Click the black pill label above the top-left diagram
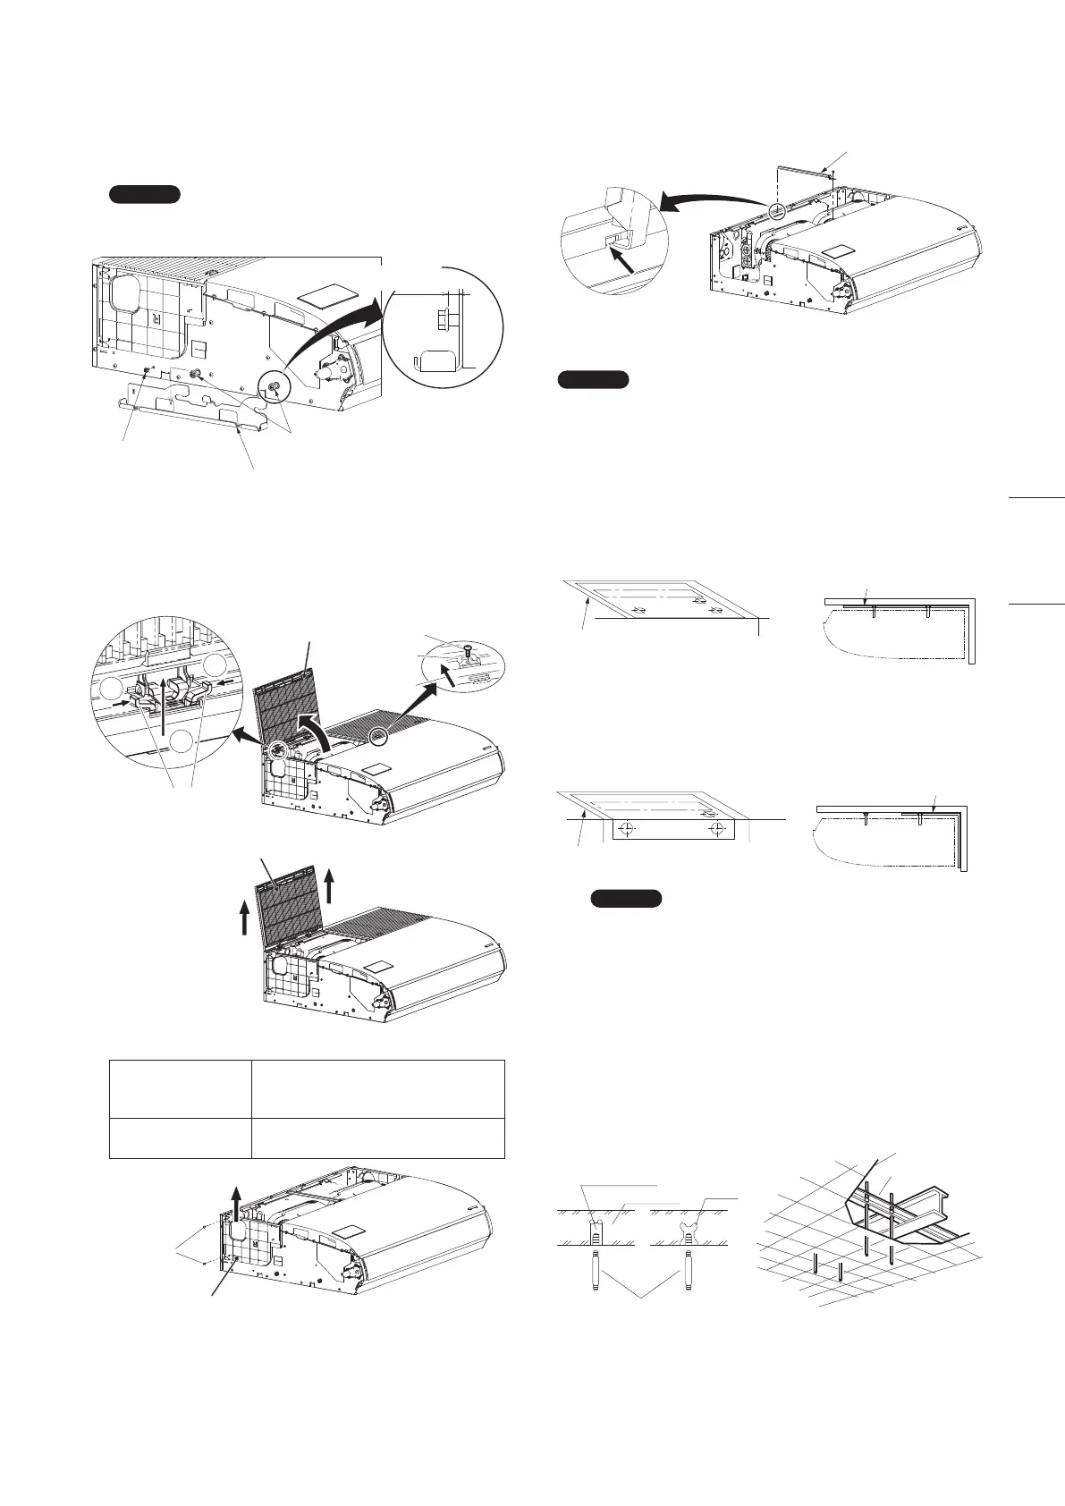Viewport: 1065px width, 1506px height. pos(145,195)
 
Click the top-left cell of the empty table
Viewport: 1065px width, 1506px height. pos(180,1089)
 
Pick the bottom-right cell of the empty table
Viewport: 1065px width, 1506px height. pos(377,1138)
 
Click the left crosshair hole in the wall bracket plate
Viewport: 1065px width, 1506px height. pos(630,830)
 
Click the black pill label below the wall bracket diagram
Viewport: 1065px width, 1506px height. pos(626,899)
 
